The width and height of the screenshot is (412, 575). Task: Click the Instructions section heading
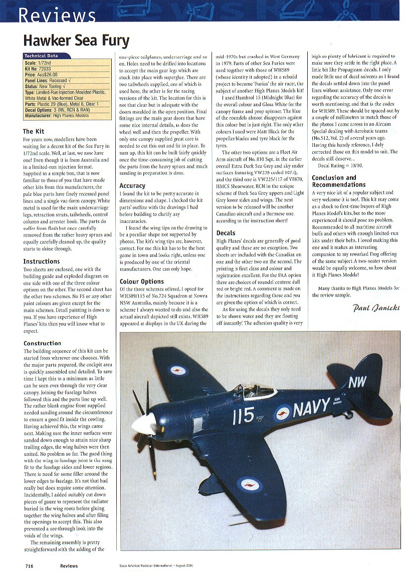click(41, 261)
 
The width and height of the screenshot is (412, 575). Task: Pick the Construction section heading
click(42, 343)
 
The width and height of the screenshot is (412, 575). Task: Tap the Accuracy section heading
click(132, 185)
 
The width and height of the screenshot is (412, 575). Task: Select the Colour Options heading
click(142, 281)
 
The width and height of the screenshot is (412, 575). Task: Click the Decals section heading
click(226, 233)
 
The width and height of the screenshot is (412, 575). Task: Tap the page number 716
click(30, 565)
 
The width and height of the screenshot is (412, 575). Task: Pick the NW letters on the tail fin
click(357, 383)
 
